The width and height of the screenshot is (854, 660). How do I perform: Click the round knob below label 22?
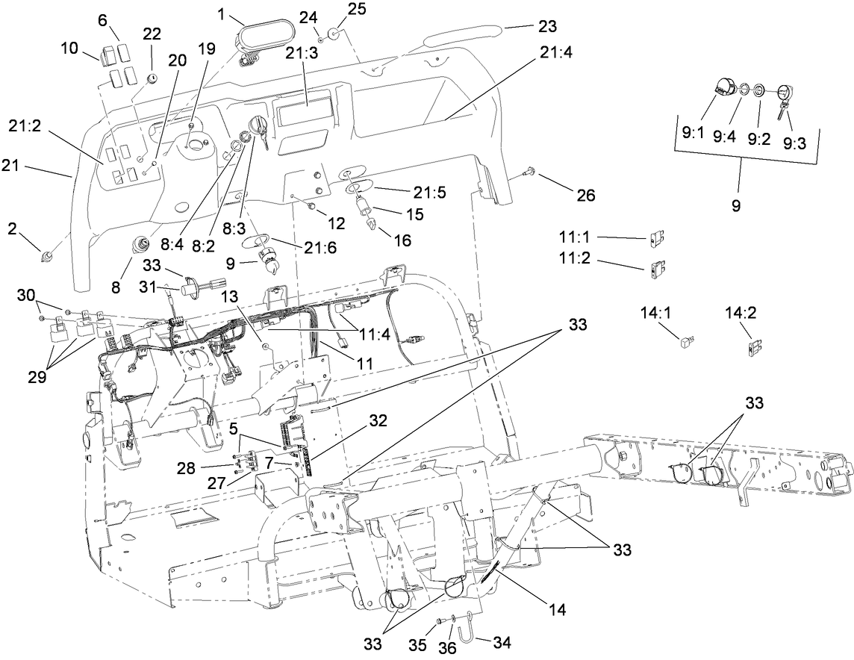pyautogui.click(x=152, y=78)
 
